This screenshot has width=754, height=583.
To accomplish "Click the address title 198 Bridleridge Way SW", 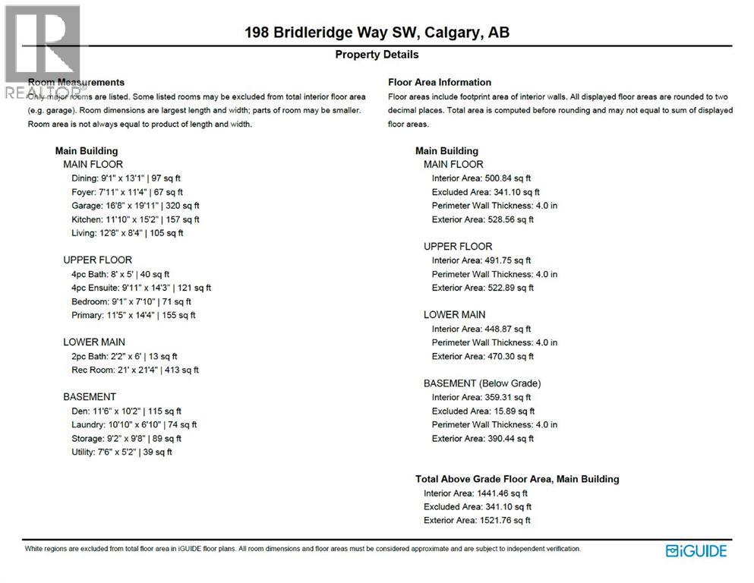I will point(377,33).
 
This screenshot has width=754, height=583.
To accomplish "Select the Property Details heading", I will point(377,55).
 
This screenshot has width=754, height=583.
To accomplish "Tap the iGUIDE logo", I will point(696,550).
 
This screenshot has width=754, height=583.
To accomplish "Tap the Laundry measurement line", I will point(134,424).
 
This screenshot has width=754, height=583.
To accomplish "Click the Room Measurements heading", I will point(76,82).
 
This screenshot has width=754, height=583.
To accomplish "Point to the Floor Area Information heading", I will point(440,82).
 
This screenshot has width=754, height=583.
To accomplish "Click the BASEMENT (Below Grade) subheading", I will point(482,383).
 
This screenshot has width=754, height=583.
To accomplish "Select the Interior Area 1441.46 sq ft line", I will point(475,493).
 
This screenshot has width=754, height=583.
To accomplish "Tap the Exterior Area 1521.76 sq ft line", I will point(477,520).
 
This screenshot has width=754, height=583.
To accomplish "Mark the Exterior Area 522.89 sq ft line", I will point(483,288).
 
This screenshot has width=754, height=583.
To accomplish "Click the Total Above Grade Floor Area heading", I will point(517,479).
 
